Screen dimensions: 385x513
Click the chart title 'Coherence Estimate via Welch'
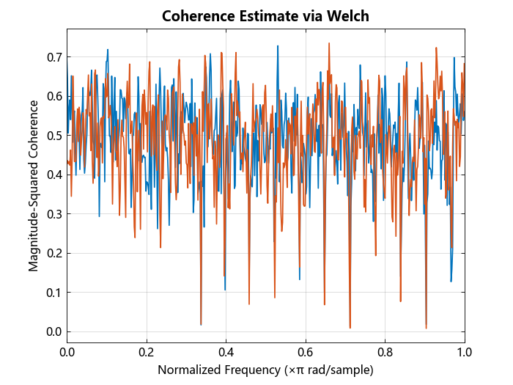coord(265,15)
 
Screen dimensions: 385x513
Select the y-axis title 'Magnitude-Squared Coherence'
coord(34,185)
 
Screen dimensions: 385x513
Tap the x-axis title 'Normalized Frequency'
coord(219,370)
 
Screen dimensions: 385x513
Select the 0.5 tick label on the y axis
coord(53,135)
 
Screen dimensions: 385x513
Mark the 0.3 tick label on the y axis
coord(53,214)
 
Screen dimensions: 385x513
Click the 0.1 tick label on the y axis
coord(53,293)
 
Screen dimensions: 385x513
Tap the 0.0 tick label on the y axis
coord(53,332)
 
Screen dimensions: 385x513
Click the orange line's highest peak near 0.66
coord(329,43)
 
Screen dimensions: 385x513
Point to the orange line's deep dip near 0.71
coord(350,327)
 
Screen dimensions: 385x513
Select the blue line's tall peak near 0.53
coord(278,46)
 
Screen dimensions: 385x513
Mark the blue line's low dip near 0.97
coord(451,281)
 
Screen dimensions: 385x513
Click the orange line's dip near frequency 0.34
coord(201,324)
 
